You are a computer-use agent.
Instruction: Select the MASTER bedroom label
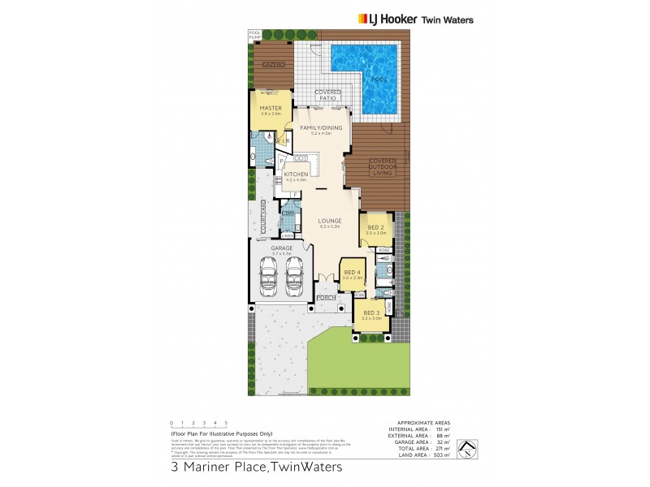pyautogui.click(x=271, y=108)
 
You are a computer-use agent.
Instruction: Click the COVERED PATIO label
pyautogui.click(x=327, y=95)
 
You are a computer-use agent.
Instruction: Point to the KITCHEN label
pyautogui.click(x=295, y=175)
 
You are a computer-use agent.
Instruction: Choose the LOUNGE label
pyautogui.click(x=330, y=220)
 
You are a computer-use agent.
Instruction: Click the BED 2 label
pyautogui.click(x=375, y=227)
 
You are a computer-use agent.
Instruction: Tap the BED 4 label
pyautogui.click(x=352, y=272)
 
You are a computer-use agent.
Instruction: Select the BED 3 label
pyautogui.click(x=371, y=312)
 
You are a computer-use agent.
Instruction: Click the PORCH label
pyautogui.click(x=326, y=298)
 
